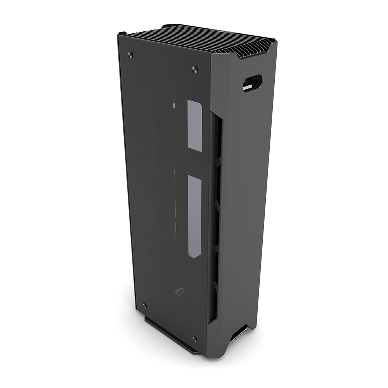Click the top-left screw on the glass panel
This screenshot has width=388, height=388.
tap(130, 54)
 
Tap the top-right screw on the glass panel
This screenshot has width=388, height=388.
tap(195, 69)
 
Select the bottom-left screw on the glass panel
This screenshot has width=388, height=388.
tap(145, 306)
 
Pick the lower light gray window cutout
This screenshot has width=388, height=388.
tap(194, 216)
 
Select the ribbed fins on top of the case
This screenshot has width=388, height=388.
tap(202, 39)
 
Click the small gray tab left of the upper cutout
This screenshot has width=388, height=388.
tap(174, 105)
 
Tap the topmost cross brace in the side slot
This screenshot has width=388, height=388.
tap(218, 159)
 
